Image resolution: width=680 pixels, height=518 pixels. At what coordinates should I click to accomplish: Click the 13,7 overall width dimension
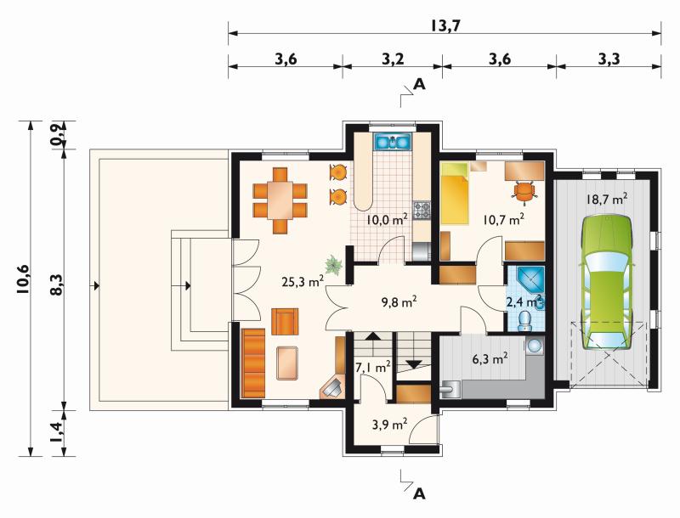tap(445, 26)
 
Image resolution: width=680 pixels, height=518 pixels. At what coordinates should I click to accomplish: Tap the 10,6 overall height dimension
tap(23, 279)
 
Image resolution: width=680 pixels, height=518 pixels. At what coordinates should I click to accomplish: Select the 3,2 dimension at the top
tap(393, 59)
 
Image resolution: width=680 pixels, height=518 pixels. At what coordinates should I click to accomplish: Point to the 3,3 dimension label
tap(609, 59)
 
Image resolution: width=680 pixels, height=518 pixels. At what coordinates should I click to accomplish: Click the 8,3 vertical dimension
tap(57, 285)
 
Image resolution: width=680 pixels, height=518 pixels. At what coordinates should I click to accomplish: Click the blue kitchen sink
tap(393, 141)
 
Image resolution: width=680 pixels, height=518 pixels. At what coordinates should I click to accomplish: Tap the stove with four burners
tap(422, 211)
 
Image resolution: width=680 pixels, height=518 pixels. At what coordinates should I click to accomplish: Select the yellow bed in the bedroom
tap(455, 194)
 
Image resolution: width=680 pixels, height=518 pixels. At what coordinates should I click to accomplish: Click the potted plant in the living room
tap(334, 264)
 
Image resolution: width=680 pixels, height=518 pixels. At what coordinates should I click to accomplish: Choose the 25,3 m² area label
tap(303, 282)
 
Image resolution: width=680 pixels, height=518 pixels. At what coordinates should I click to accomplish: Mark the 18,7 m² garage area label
tap(607, 200)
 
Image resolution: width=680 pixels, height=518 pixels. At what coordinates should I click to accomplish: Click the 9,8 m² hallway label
tap(399, 301)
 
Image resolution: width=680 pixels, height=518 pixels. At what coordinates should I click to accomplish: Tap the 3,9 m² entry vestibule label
tap(389, 424)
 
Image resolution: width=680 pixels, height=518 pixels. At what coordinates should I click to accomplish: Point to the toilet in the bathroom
tap(525, 320)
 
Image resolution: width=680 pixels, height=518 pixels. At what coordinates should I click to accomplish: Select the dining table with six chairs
tap(280, 201)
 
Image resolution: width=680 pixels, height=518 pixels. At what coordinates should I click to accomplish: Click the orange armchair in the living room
tap(285, 321)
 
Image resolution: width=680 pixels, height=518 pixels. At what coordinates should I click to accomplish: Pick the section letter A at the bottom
tap(419, 493)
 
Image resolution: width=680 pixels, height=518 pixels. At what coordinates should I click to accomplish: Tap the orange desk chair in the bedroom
tap(524, 191)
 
